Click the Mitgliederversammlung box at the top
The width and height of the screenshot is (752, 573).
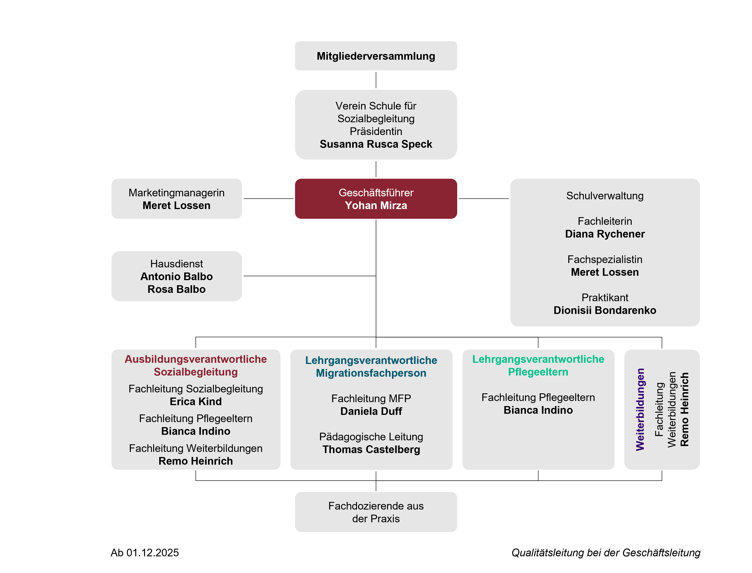pyautogui.click(x=376, y=56)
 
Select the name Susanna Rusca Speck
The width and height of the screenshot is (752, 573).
pyautogui.click(x=376, y=144)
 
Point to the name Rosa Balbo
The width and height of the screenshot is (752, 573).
pyautogui.click(x=176, y=289)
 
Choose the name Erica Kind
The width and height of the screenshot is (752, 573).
pyautogui.click(x=196, y=401)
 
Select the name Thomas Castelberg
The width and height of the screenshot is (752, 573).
pyautogui.click(x=371, y=450)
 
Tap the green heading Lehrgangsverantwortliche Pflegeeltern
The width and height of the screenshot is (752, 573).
pyautogui.click(x=538, y=366)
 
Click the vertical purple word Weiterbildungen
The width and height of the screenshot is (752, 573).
pyautogui.click(x=640, y=409)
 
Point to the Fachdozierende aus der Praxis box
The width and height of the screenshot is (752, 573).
pyautogui.click(x=376, y=512)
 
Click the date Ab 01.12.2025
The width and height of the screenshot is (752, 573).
pyautogui.click(x=145, y=553)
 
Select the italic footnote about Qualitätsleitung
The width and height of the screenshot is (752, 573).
pyautogui.click(x=606, y=553)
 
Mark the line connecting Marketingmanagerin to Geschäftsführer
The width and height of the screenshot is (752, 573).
pyautogui.click(x=268, y=198)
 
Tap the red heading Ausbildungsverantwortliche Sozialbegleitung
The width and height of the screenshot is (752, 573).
pyautogui.click(x=196, y=366)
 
